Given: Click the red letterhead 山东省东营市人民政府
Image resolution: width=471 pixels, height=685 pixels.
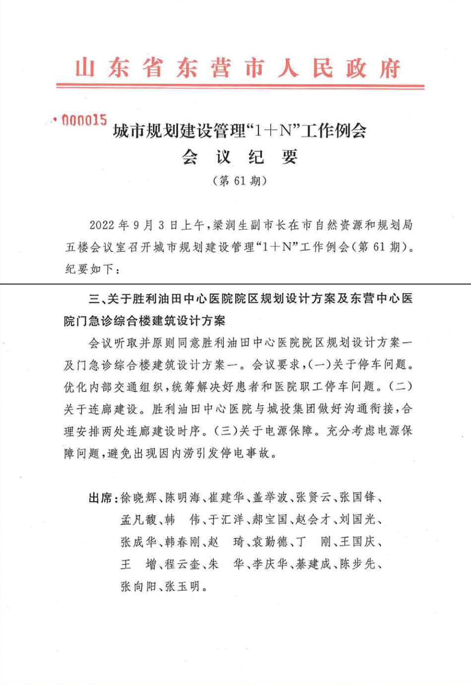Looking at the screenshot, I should pyautogui.click(x=238, y=68).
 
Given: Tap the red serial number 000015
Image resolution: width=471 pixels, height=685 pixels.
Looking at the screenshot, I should pyautogui.click(x=83, y=121).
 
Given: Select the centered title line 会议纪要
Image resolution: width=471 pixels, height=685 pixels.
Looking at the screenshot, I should pyautogui.click(x=239, y=157).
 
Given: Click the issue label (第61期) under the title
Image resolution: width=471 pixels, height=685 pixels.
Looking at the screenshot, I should pyautogui.click(x=240, y=181).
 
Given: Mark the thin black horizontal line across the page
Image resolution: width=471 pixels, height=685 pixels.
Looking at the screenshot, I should pyautogui.click(x=235, y=284).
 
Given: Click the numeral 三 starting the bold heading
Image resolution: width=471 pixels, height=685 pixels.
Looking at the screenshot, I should pyautogui.click(x=94, y=299).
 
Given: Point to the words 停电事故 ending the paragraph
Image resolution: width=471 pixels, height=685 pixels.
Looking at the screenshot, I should pyautogui.click(x=246, y=453).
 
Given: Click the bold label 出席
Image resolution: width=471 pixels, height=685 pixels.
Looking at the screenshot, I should pyautogui.click(x=100, y=498).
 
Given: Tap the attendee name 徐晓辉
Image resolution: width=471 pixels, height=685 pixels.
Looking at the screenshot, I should pyautogui.click(x=138, y=498).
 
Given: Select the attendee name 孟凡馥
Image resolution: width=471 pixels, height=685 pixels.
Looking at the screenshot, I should pyautogui.click(x=138, y=520).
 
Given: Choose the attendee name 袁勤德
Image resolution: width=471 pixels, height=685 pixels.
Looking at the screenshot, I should pyautogui.click(x=270, y=542).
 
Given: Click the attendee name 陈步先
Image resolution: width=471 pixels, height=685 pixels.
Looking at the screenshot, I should pyautogui.click(x=357, y=564).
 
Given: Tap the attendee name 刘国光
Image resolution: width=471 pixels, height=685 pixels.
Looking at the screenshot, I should pyautogui.click(x=357, y=520).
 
